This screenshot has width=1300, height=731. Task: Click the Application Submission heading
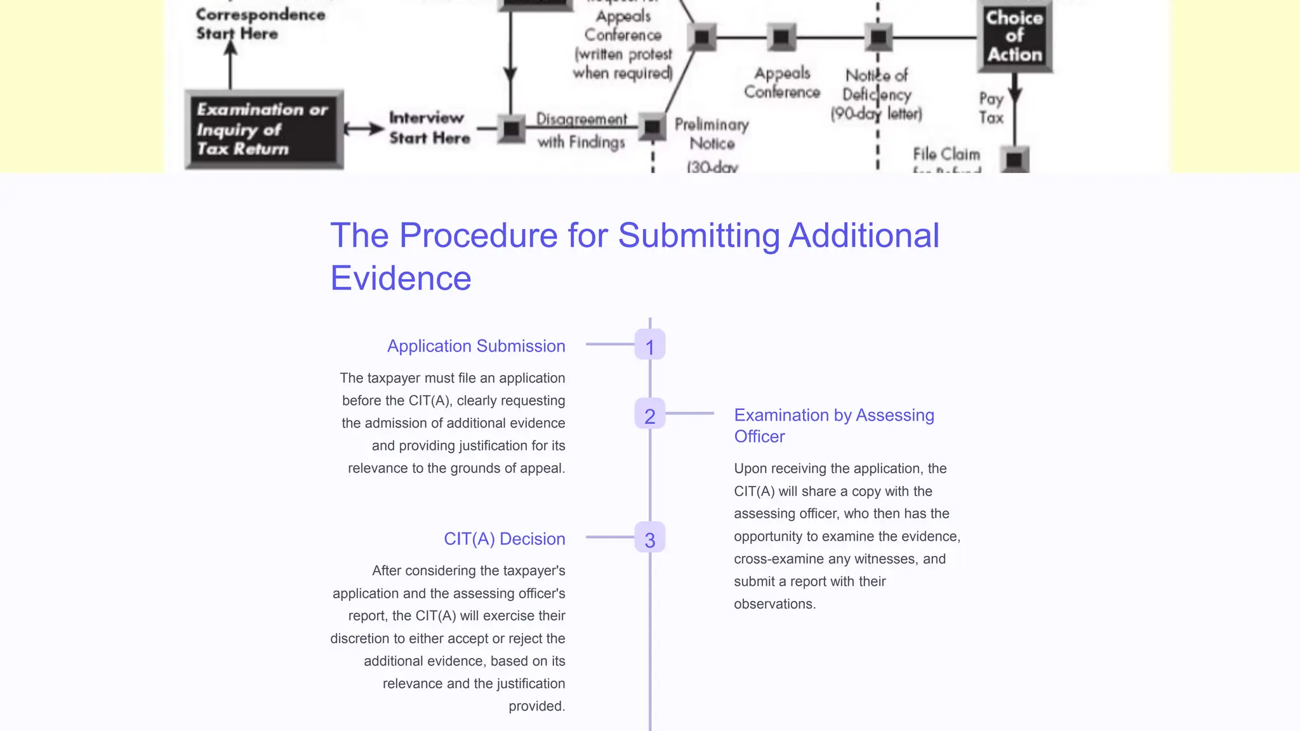click(475, 346)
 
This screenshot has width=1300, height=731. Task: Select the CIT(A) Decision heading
click(504, 539)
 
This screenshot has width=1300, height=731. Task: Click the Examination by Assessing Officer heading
click(833, 426)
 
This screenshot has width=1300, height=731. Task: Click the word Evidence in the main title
click(401, 278)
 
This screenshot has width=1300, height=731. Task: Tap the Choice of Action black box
click(1014, 36)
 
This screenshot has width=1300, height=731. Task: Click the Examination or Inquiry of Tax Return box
click(263, 129)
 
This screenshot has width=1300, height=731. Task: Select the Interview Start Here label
click(429, 128)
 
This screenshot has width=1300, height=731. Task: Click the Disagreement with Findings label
click(581, 130)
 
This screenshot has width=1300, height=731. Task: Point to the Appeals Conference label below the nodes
click(781, 82)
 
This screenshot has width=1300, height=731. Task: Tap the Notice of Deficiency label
click(877, 94)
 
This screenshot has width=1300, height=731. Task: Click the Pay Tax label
click(991, 108)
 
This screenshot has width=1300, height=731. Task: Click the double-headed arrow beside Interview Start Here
click(364, 129)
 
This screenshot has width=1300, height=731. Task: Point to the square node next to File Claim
click(1014, 159)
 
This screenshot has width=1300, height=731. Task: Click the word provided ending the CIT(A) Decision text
click(536, 706)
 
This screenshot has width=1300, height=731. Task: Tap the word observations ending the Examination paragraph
click(774, 604)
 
